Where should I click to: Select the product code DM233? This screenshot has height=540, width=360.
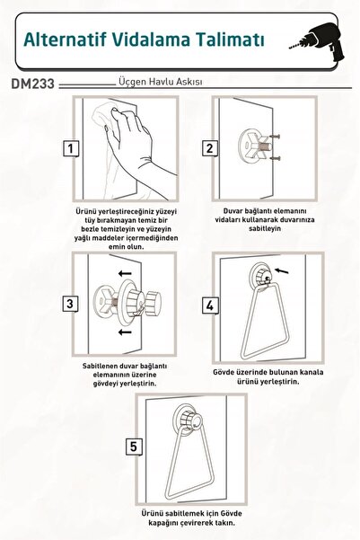pos(33,84)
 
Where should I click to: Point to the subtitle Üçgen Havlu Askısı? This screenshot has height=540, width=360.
pos(161,82)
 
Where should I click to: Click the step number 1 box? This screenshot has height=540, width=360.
pos(71,148)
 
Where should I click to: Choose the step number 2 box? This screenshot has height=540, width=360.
pos(209,148)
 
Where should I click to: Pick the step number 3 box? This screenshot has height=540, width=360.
pos(70,304)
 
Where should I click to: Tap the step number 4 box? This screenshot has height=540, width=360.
pos(210,305)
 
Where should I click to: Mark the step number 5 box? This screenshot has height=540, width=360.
pos(133,447)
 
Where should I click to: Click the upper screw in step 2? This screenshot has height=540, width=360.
pos(275,137)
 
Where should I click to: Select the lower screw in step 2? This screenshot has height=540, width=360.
pos(275,158)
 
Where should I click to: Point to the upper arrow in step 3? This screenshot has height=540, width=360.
pos(125,274)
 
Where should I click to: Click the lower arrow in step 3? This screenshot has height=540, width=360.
pos(125,332)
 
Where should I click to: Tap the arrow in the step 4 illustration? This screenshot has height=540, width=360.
pos(282,271)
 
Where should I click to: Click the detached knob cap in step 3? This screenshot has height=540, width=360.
pos(153,303)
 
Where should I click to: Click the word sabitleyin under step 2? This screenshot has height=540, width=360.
pos(265,228)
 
